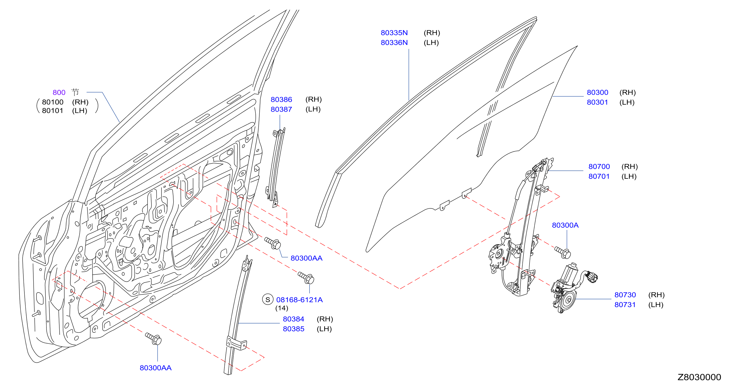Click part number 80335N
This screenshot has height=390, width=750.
(x=394, y=33)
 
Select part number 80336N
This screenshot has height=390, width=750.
(x=394, y=43)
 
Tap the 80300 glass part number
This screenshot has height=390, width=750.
(x=597, y=93)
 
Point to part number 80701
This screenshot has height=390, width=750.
(x=599, y=176)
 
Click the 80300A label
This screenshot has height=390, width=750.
(x=565, y=225)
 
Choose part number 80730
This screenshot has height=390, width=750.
(x=625, y=295)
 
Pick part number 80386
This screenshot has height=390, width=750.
(x=281, y=100)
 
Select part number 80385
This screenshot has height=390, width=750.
(x=293, y=329)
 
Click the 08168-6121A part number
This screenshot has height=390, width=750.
(x=299, y=300)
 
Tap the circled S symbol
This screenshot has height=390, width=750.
(x=268, y=300)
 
